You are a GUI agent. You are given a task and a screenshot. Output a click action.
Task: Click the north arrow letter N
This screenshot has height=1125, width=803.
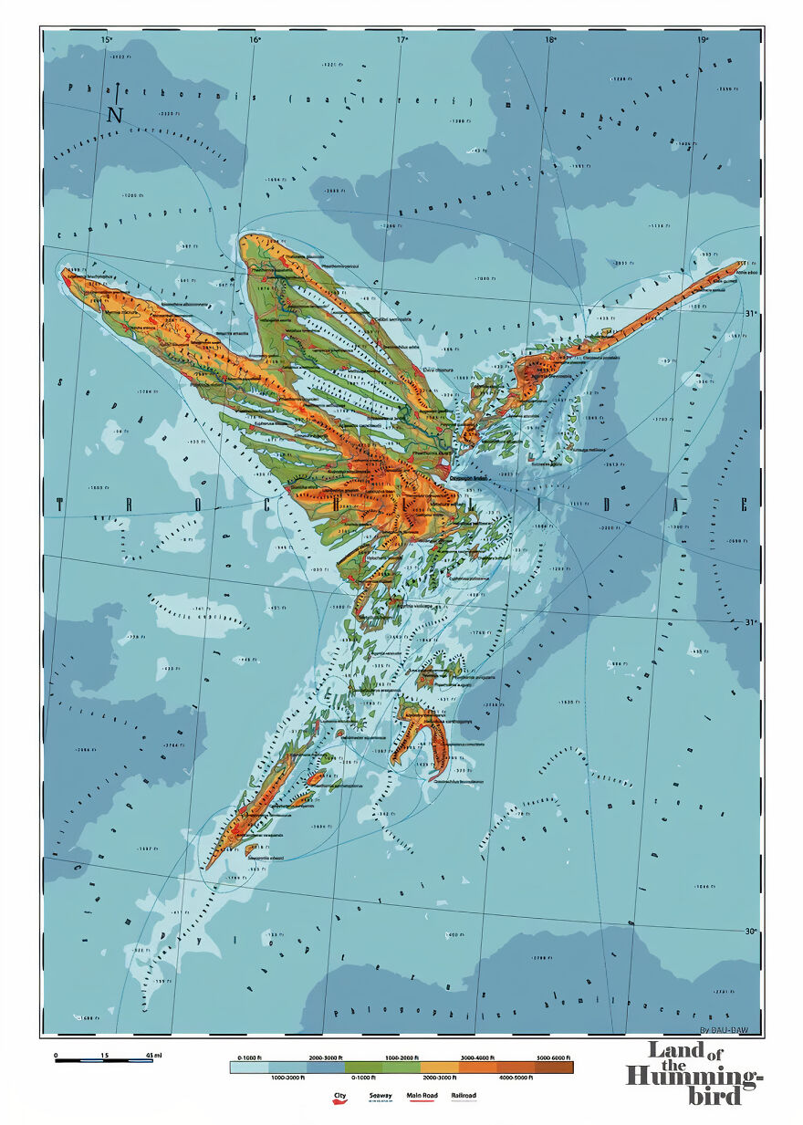(x=115, y=114)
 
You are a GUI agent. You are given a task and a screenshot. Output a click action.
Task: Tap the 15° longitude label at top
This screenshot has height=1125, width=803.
(x=106, y=40)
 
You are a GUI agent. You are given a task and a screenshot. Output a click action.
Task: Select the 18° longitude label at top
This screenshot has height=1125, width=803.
(x=550, y=40)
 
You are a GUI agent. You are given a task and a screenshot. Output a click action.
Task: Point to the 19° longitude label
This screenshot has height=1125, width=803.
(x=701, y=40)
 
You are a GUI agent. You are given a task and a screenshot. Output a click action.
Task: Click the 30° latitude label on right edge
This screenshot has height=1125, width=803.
(x=751, y=932)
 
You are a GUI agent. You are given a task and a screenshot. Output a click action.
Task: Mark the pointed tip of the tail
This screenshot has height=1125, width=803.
(x=209, y=867)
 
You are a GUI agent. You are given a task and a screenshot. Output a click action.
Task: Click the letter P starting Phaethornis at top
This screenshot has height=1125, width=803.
(x=71, y=89)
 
